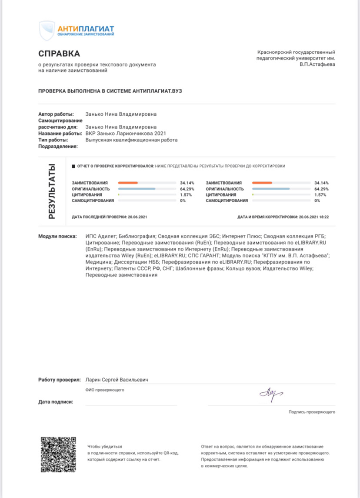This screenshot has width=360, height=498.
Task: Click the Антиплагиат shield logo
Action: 47,30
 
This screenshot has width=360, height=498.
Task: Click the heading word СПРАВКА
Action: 59,54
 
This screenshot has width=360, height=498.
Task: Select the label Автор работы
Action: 56,114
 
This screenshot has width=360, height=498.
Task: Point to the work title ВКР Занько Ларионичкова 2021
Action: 126,134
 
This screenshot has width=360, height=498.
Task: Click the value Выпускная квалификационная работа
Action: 131,140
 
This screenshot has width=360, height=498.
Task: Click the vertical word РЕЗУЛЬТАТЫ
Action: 52,191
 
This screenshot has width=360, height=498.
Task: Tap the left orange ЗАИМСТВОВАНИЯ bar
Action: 128,183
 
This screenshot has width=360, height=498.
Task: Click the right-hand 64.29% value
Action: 321,189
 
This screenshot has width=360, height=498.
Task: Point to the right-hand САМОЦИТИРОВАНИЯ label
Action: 227,201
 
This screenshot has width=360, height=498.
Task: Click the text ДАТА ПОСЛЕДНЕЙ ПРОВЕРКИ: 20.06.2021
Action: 110,216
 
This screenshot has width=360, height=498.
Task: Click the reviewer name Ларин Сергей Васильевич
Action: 117,380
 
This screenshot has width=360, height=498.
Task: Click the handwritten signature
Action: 271,394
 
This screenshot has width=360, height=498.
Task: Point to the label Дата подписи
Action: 56,402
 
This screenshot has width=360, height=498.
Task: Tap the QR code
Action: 58,455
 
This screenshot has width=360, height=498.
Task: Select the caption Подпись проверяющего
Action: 312,412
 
